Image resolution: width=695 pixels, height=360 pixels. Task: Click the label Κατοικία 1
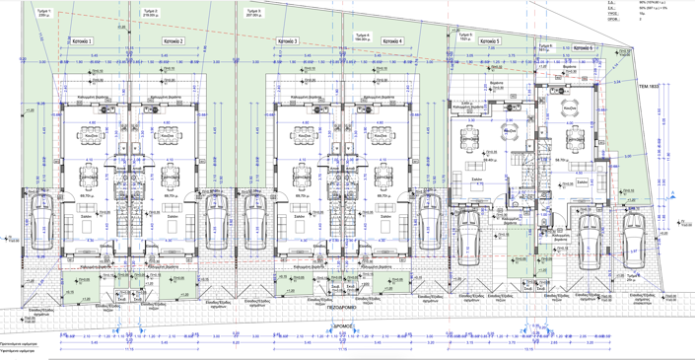tap(82, 41)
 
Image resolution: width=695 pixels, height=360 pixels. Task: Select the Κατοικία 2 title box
tap(174, 41)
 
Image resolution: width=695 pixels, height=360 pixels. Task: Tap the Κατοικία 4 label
tap(391, 41)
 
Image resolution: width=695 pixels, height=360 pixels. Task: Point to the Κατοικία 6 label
tap(582, 47)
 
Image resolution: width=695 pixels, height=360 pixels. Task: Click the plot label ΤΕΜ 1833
tap(648, 86)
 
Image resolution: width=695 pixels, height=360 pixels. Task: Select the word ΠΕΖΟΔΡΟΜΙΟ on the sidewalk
tap(341, 308)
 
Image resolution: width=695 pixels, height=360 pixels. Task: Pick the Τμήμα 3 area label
tap(258, 13)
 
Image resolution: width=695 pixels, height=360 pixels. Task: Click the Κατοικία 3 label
tap(288, 41)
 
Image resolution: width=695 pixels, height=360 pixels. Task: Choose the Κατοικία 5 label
tap(489, 41)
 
